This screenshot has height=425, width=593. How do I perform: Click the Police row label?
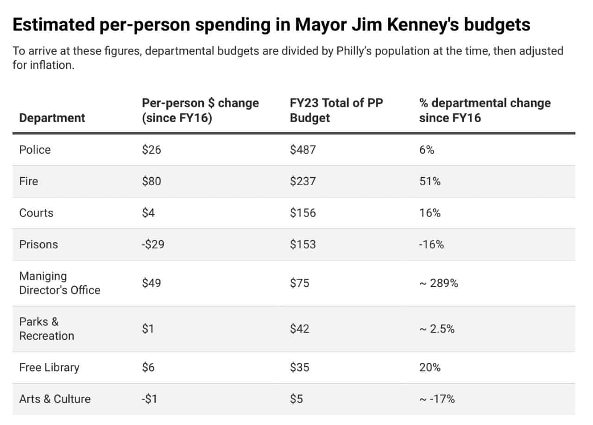(x=35, y=150)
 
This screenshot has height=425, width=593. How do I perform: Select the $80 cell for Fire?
(x=151, y=181)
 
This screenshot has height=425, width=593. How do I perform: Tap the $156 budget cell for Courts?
(x=303, y=213)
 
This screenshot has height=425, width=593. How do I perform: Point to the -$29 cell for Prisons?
(x=153, y=244)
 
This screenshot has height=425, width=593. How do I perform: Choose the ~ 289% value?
(x=438, y=283)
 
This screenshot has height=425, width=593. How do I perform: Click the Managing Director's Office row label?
(x=60, y=283)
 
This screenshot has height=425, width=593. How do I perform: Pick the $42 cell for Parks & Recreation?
(x=299, y=329)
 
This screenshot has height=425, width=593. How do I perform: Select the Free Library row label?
(x=49, y=368)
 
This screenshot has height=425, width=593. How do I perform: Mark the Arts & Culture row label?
(x=55, y=399)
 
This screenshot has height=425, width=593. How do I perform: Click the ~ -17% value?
(x=436, y=399)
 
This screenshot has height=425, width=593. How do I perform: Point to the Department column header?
(x=52, y=118)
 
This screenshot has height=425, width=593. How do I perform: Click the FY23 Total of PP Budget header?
(x=336, y=110)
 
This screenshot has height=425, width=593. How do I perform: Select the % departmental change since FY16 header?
(x=485, y=110)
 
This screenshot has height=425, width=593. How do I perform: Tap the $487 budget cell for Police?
(x=303, y=150)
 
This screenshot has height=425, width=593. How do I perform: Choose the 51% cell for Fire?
(x=429, y=181)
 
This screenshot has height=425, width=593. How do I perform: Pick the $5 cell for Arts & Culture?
(x=296, y=399)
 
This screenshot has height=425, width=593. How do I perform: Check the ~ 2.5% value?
(x=436, y=329)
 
